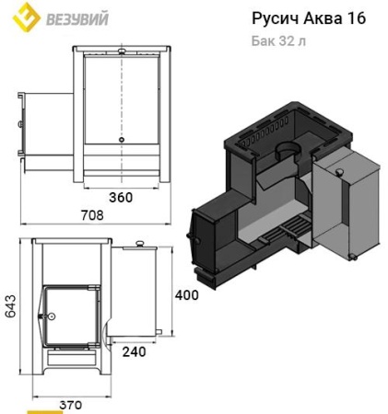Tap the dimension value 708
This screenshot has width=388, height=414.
pyautogui.click(x=91, y=214)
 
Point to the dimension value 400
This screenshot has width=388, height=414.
pyautogui.click(x=186, y=295)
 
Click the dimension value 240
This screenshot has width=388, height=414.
pyautogui.click(x=134, y=351)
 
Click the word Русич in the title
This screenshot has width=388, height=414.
pyautogui.click(x=273, y=19)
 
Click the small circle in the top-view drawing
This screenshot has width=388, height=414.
pyautogui.click(x=120, y=140)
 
